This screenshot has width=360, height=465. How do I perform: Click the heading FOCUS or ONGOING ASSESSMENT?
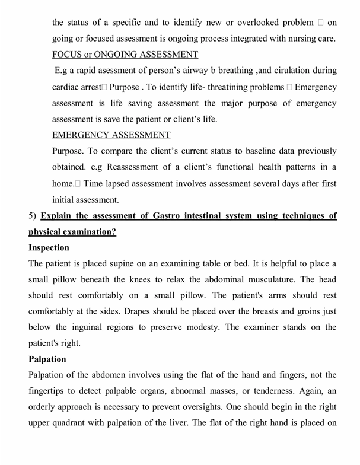pos(125,55)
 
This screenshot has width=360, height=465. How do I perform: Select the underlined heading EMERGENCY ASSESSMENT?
pos(111,135)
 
